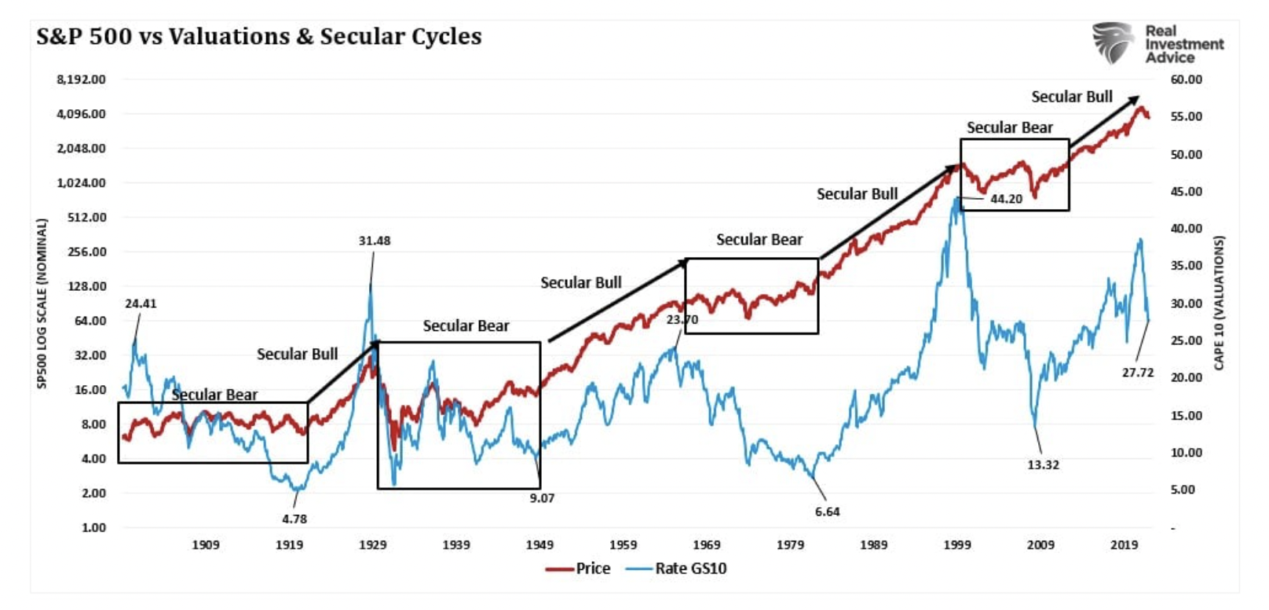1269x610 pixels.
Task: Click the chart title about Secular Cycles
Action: coord(258,36)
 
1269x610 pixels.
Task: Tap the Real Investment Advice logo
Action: coord(1157,44)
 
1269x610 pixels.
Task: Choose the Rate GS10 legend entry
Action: coord(677,568)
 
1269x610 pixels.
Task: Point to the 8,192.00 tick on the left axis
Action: coord(81,79)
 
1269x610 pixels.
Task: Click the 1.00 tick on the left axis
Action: coord(93,527)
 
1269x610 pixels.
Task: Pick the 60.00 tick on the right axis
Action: coord(1186,79)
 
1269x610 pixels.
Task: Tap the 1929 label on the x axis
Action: coord(373,545)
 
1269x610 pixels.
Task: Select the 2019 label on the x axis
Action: coord(1125,545)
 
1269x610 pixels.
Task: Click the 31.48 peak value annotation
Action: coord(375,241)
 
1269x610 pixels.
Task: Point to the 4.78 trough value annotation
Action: coord(294,519)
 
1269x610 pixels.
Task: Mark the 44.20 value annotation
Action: coord(1006,199)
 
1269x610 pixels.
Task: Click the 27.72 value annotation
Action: coord(1138,373)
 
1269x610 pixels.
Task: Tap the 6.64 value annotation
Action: coord(827,512)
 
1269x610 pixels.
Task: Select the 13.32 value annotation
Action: coord(1043,465)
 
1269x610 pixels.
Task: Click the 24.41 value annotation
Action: coord(141,303)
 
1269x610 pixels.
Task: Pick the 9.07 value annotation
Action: coord(542,498)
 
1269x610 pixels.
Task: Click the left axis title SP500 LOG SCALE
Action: coord(42,303)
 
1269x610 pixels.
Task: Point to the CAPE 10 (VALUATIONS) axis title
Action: coord(1219,303)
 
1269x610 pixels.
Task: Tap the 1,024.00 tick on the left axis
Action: coord(81,183)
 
